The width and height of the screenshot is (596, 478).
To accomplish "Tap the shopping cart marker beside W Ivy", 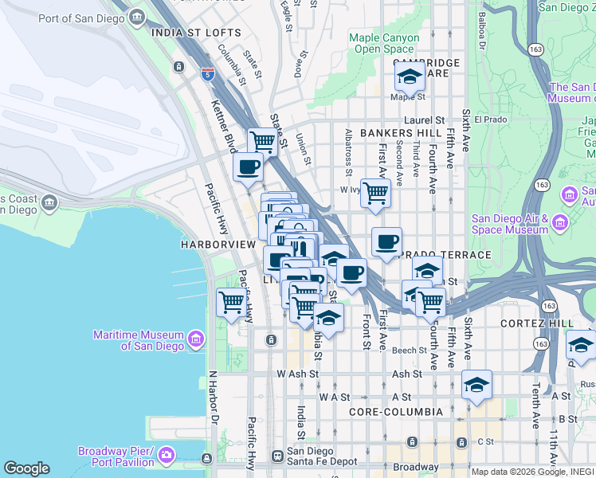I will tap(375, 192).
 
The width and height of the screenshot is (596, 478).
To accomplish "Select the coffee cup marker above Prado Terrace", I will tap(386, 241).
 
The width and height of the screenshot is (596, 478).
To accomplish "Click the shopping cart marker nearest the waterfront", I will tap(231, 303).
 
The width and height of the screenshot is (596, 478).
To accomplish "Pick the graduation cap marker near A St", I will tap(476, 385).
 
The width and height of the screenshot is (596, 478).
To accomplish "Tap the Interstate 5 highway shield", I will tap(207, 75).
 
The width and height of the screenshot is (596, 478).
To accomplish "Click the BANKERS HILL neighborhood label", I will tap(399, 133).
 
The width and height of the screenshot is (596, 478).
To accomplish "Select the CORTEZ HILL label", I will tap(537, 323).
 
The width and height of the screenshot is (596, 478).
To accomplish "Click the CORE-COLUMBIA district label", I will tap(395, 412).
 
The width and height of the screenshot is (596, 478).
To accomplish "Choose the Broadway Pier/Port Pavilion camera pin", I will tap(166, 456).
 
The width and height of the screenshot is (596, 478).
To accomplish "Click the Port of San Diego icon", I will tap(137, 17).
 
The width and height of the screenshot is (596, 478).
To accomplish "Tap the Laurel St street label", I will tap(429, 119).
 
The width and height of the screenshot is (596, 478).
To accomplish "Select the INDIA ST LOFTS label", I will tap(196, 33).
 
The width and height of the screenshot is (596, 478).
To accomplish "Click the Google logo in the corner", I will tap(26, 468).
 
